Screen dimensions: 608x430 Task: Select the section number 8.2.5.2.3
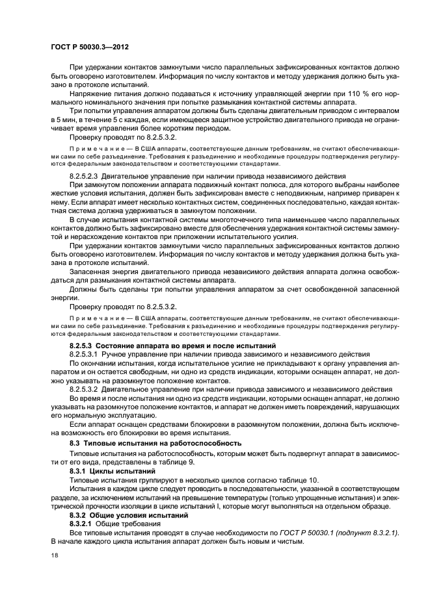point(88,176)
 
